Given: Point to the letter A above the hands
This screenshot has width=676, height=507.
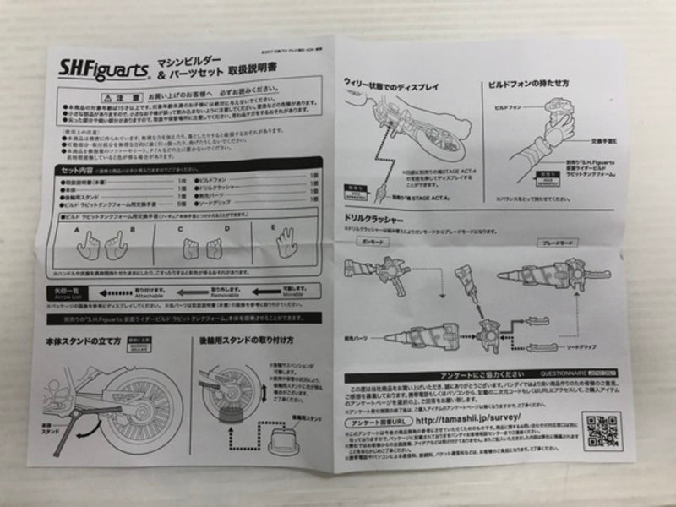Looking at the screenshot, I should point(76,227).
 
